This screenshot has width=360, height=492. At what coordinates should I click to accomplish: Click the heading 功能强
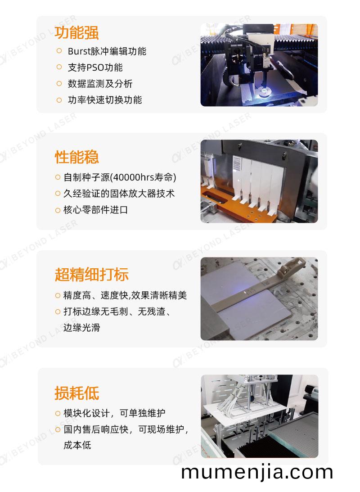[x=77, y=32]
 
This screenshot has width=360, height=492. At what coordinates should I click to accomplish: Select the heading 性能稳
[x=77, y=157]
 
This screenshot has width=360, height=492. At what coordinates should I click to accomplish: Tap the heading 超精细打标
[x=91, y=274]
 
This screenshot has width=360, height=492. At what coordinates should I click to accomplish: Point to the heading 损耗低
[x=77, y=393]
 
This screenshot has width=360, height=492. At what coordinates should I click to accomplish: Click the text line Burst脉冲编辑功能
[x=107, y=51]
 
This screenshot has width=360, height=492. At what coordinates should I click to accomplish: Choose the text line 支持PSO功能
[x=95, y=68]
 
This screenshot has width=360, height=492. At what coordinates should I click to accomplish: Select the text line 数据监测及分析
[x=100, y=84]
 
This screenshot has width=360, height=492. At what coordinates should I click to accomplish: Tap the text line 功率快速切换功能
[x=105, y=100]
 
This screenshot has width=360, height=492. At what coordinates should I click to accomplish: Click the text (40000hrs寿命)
[x=143, y=178]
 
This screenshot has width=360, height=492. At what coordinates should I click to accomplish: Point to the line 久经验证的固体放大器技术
[x=119, y=194]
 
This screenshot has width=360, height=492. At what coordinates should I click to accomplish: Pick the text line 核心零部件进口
[x=96, y=210]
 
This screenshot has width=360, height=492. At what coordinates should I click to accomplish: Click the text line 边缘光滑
[x=81, y=328]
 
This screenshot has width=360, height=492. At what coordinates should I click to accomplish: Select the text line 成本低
[x=77, y=445]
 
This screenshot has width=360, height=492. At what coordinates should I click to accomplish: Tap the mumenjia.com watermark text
[x=257, y=472]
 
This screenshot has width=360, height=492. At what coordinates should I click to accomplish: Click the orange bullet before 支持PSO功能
[x=59, y=67]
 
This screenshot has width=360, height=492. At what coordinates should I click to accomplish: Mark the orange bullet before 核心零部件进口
[x=58, y=210]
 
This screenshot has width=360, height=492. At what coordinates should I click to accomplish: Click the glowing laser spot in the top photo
[x=264, y=92]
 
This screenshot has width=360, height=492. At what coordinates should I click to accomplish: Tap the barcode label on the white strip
[x=237, y=163]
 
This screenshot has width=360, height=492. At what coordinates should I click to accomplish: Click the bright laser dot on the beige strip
[x=245, y=293]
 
